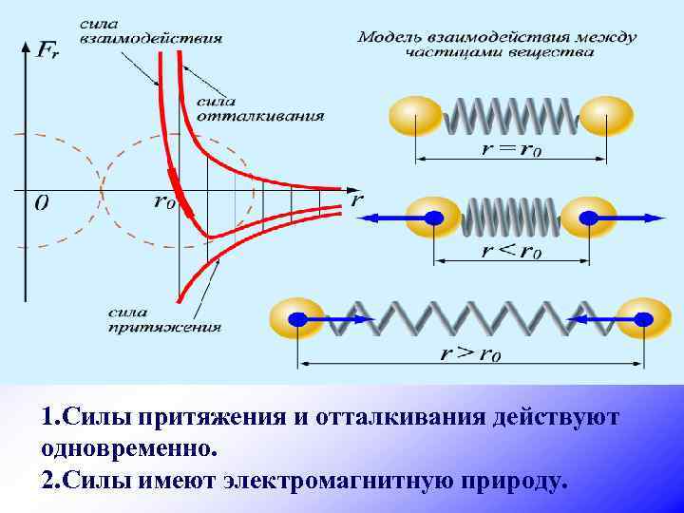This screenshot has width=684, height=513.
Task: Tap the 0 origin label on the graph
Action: coord(41,202)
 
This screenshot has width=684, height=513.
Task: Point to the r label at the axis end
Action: coord(357,199)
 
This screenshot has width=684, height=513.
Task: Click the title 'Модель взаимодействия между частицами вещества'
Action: coord(497,44)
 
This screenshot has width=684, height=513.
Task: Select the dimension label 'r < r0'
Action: coord(510,252)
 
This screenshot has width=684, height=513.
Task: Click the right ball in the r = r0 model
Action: coord(605,116)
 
